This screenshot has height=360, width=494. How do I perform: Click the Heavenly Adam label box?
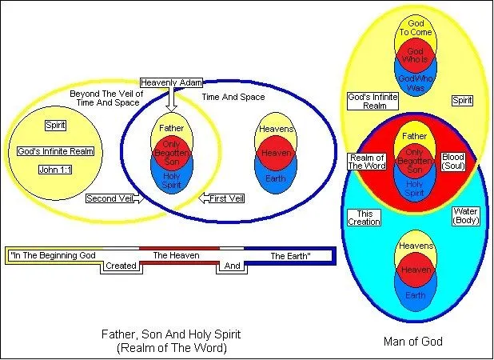pos(172,82)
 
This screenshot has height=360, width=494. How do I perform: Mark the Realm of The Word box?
pos(366,161)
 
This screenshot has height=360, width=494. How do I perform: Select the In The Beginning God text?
pos(53,256)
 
